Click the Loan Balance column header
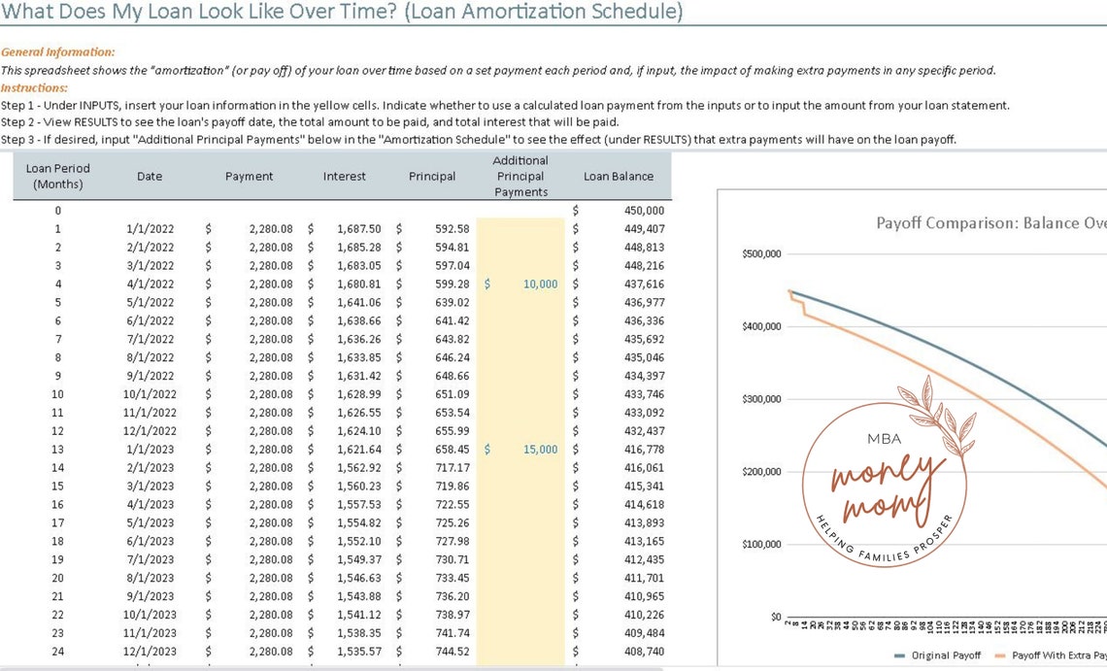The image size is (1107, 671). [x=618, y=177]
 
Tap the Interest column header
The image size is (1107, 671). [x=345, y=177]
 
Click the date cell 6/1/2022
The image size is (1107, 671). [x=151, y=321]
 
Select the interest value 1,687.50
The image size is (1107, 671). [x=359, y=229]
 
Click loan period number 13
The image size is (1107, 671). [x=57, y=450]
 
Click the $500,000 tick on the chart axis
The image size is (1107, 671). [x=761, y=254]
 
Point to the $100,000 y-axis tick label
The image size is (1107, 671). [x=761, y=545]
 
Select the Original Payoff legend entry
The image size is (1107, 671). [x=941, y=655]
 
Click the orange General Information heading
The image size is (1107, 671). [x=57, y=52]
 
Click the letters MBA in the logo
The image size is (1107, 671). [x=877, y=439]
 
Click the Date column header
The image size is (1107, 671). [x=150, y=177]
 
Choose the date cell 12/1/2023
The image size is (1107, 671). [x=151, y=652]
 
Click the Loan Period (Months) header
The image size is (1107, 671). [x=57, y=176]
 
